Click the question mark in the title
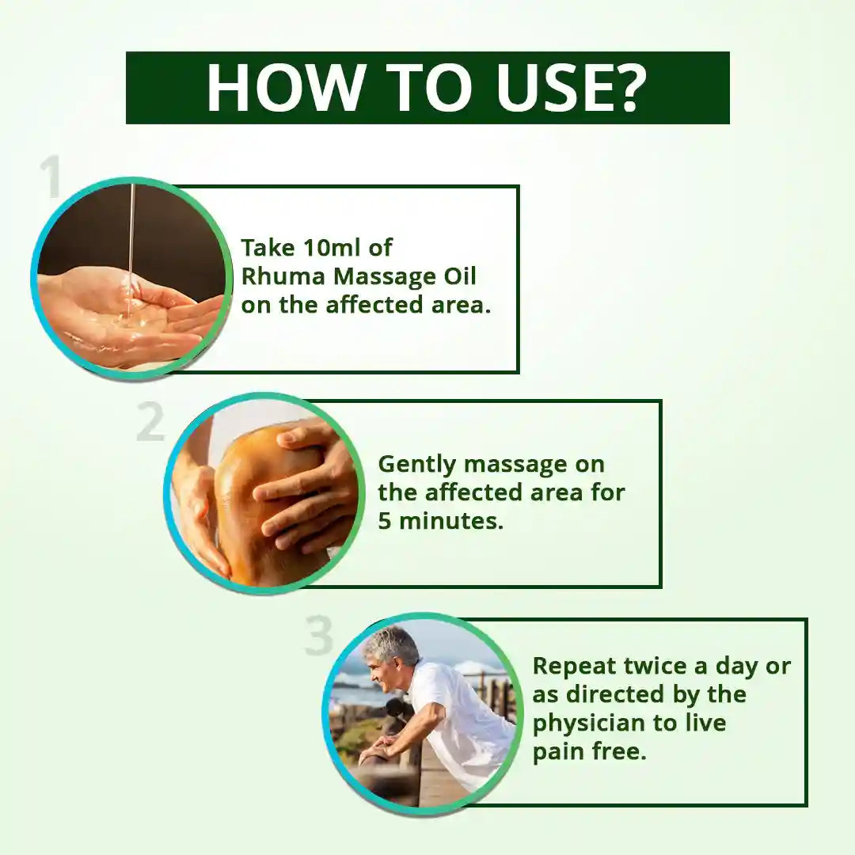pyautogui.click(x=628, y=87)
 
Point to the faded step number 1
pyautogui.click(x=53, y=179)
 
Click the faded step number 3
pyautogui.click(x=318, y=636)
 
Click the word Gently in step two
pyautogui.click(x=418, y=464)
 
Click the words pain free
pyautogui.click(x=589, y=751)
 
